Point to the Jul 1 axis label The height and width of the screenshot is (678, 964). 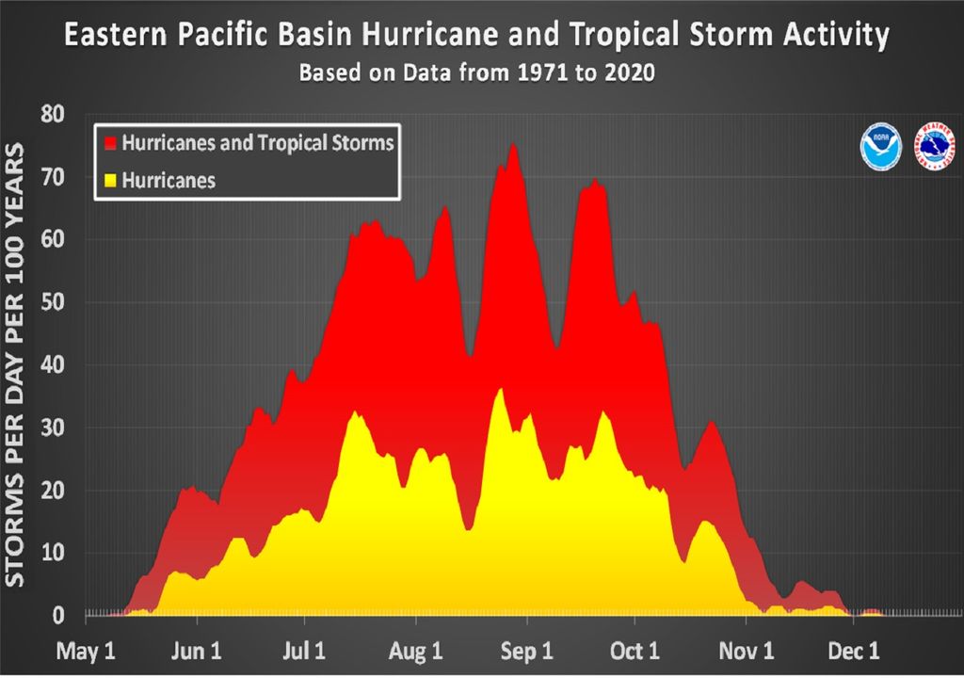[306, 651]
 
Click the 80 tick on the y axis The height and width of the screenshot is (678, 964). [53, 114]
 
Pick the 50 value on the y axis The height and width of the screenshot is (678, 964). [53, 302]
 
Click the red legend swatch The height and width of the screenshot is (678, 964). [109, 144]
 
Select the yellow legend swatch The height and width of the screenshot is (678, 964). [109, 179]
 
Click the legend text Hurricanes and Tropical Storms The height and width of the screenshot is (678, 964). [257, 143]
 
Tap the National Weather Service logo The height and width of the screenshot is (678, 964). [935, 147]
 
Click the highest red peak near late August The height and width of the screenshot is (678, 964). [512, 145]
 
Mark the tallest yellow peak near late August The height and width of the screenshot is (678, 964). [501, 389]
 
